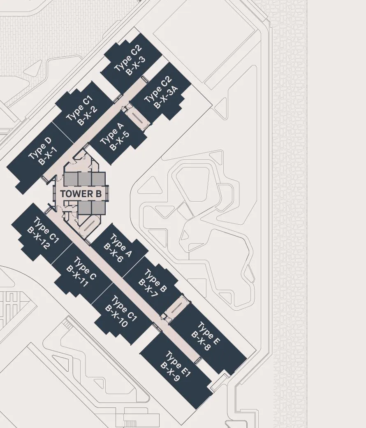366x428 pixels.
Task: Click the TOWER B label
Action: click(81, 194)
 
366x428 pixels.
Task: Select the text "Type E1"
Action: click(178, 365)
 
